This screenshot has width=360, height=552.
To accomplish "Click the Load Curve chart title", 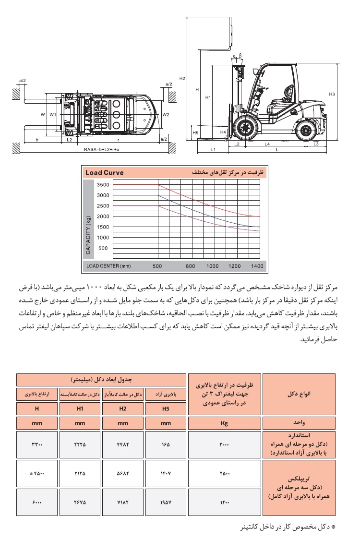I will point(104,172).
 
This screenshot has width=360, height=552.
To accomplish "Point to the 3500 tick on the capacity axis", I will point(103,185).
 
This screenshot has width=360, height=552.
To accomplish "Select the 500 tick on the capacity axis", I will point(103,248).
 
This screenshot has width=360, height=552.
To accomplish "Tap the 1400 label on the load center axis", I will point(257,265).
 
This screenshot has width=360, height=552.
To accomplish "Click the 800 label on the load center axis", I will point(191,265).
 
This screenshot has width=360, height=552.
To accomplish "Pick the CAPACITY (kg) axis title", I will point(88,235).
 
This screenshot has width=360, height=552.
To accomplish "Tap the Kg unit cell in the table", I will point(224,423).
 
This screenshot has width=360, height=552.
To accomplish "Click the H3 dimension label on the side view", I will point(332,94).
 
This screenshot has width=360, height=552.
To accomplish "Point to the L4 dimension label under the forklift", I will point(267,144).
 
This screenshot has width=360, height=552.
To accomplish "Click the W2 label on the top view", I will point(166,115).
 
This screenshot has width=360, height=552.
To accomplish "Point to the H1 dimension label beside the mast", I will point(208,97).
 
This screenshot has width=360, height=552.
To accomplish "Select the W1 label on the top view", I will point(53,115).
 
